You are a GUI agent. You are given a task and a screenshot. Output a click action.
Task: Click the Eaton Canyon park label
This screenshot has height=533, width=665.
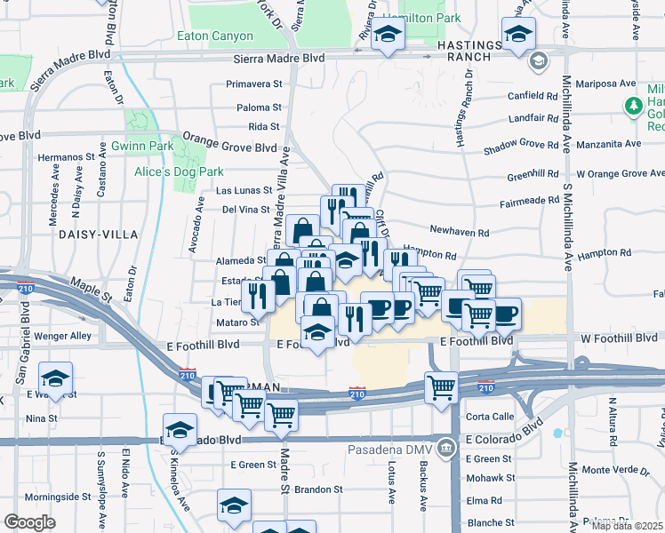click(x=215, y=36)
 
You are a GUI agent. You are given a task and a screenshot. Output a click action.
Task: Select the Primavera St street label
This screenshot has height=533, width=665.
click(x=253, y=84)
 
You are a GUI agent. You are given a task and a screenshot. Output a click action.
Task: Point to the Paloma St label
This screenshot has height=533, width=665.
click(x=260, y=107)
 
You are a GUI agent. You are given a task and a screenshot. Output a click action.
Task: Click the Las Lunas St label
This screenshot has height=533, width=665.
click(x=244, y=190)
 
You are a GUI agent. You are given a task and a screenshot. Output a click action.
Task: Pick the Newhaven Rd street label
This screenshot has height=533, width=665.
click(x=460, y=233)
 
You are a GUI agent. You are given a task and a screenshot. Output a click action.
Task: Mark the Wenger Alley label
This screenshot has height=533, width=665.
click(x=62, y=336)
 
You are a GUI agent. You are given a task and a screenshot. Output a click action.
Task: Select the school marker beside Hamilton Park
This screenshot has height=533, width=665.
click(x=389, y=36)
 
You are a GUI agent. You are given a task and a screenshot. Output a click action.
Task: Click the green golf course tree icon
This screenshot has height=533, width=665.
click(x=633, y=107)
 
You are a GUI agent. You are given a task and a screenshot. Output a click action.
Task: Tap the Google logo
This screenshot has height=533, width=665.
click(x=30, y=521)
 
